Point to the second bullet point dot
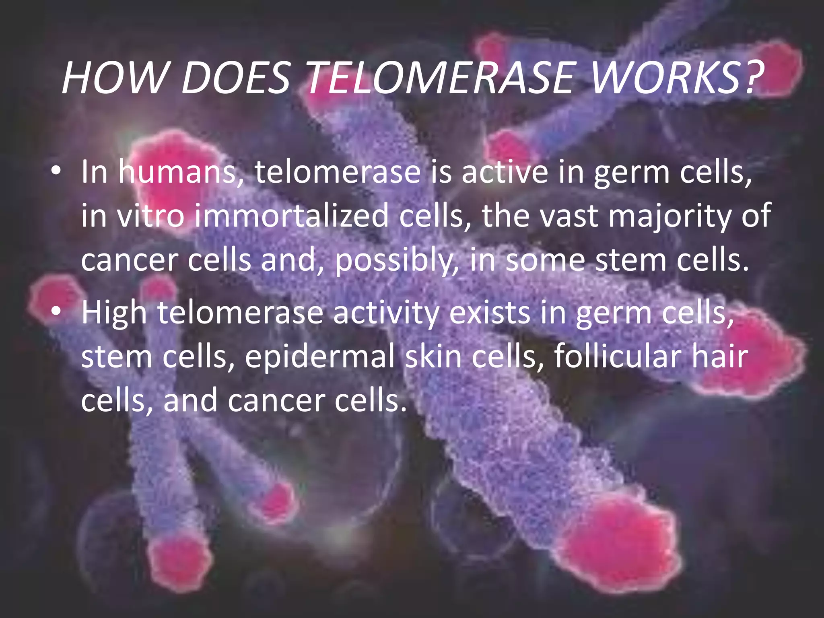coord(56,312)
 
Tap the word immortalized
coord(292,216)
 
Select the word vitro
coord(151,216)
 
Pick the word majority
coord(669,216)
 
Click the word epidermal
coord(320,356)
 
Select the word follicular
coord(617,356)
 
